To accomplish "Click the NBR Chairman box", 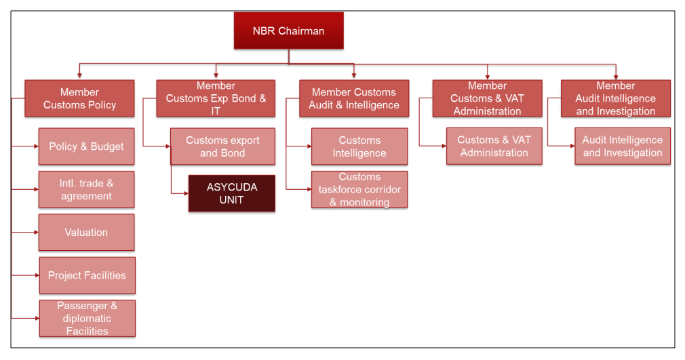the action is [288, 31].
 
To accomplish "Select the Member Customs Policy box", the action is [79, 98].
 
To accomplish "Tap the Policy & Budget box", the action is [87, 146].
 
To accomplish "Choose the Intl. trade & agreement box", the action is [87, 189].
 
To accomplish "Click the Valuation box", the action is [87, 232].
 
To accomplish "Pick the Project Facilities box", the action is [87, 275].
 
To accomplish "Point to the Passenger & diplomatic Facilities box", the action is [87, 318].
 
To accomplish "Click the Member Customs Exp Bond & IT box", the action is [216, 98].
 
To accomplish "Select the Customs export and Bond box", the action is [223, 146].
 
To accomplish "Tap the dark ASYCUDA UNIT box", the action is [231, 193].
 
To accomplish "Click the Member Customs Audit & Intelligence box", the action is [354, 98].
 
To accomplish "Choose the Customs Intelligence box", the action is [359, 146].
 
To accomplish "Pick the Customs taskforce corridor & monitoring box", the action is [359, 189].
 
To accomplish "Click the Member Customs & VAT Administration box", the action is [487, 98].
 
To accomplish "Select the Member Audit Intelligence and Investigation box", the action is [616, 98].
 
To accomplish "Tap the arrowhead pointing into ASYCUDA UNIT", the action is [186, 193].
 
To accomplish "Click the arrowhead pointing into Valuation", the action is [36, 232].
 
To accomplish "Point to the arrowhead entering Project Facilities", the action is [37, 275].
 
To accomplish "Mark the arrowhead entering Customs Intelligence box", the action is [309, 146].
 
